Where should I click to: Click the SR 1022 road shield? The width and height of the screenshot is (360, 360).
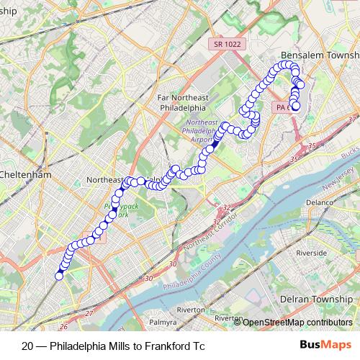228,45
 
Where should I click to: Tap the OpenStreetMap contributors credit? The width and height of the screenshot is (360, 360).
297,322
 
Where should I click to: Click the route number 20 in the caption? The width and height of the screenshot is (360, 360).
27,346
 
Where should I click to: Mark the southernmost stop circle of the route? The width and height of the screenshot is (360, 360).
60,276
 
